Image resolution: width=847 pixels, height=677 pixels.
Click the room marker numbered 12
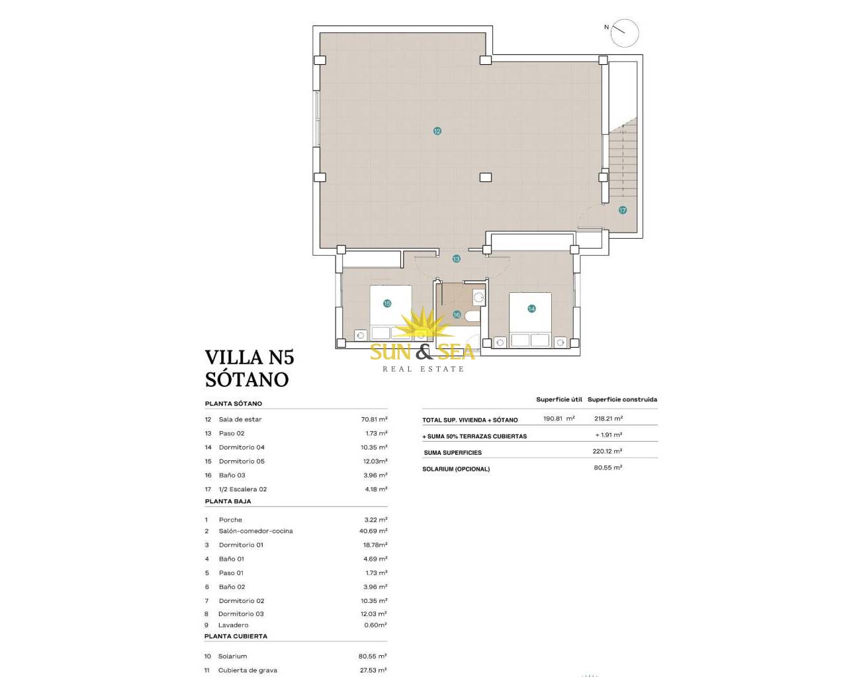(437, 131)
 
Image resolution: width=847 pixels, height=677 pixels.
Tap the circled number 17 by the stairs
(622, 210)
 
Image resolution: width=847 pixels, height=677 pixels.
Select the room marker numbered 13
(456, 259)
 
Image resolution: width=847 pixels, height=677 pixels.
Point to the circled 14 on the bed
(531, 309)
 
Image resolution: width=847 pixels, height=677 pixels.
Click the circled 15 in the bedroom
(387, 303)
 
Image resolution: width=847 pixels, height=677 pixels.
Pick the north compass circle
(625, 33)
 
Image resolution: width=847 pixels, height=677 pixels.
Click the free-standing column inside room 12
(486, 177)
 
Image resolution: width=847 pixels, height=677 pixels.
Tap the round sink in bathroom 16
(478, 298)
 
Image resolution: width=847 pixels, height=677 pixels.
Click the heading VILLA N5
(249, 357)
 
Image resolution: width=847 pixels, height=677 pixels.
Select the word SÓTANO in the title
(247, 379)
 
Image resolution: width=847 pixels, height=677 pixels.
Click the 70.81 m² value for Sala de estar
(374, 419)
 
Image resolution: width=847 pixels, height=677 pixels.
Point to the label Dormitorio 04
(242, 448)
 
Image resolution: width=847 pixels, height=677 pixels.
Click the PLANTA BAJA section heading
(228, 502)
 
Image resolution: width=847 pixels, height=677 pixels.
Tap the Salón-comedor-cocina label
(256, 531)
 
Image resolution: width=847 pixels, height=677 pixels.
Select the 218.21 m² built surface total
(609, 418)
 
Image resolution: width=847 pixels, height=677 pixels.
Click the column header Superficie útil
(559, 400)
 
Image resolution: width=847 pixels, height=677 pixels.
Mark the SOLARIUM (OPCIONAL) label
(456, 469)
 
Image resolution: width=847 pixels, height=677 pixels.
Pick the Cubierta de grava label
(247, 670)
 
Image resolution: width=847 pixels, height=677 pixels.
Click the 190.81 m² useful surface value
(559, 418)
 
